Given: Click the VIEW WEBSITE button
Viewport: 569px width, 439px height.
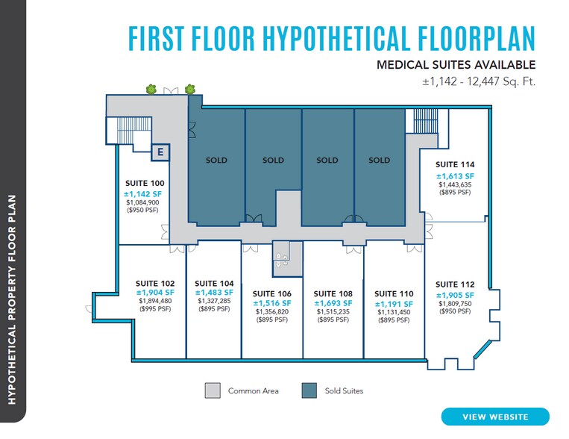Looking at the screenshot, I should [x=494, y=417].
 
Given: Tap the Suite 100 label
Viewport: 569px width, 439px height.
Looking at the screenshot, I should [x=142, y=183].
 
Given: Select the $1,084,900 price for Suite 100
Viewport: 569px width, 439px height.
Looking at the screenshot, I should [x=142, y=202].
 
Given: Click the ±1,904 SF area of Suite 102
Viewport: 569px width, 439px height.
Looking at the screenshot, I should [x=155, y=293].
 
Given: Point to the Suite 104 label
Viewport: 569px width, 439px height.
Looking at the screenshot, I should [x=214, y=283].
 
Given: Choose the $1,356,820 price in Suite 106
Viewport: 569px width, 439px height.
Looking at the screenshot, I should [x=272, y=312].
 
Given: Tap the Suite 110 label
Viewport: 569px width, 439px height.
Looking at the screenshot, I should [x=393, y=293].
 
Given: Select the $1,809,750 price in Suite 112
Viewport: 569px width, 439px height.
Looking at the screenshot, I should [x=455, y=304].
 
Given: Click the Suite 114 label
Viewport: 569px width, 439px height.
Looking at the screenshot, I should [x=455, y=164].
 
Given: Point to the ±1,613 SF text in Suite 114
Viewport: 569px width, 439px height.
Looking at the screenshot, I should [x=455, y=175].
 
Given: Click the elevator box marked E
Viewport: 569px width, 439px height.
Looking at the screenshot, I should [x=160, y=152].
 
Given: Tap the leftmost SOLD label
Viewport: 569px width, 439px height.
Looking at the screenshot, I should [x=216, y=160].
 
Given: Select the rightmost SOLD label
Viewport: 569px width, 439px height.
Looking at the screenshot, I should [x=379, y=160].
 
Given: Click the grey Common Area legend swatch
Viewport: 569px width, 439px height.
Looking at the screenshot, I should [x=213, y=390].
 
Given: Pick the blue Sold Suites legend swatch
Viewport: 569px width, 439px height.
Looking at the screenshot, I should [x=309, y=390].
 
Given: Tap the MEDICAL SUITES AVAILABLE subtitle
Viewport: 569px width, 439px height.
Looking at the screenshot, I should [x=456, y=65].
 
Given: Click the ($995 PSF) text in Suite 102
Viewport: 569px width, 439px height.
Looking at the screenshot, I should [x=155, y=310].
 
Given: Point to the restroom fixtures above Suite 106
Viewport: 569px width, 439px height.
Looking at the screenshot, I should [x=283, y=258].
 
